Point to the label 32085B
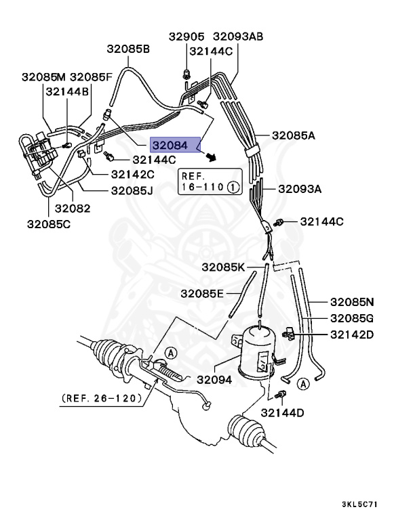[x=128, y=49]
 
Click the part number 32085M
[x=43, y=77]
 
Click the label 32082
[x=73, y=208]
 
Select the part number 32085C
[x=48, y=223]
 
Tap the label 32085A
[x=294, y=135]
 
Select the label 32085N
[x=352, y=302]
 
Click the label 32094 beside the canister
[x=214, y=380]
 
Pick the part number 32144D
[x=283, y=412]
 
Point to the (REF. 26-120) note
[x=102, y=398]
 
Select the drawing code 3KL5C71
[x=359, y=504]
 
